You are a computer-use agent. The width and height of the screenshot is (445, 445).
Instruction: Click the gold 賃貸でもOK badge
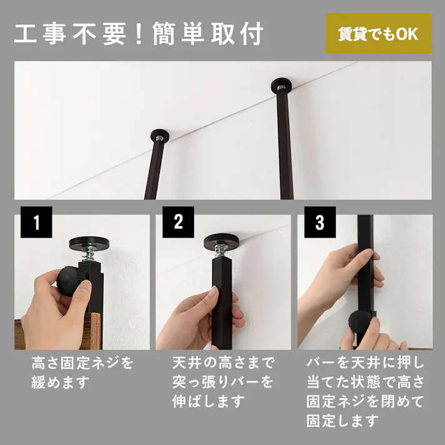tap(379, 34)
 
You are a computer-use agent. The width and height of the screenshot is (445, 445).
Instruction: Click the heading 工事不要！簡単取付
tap(139, 34)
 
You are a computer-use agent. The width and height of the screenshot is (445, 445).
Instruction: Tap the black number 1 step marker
tap(36, 222)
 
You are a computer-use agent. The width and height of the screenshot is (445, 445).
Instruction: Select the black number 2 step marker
tap(178, 222)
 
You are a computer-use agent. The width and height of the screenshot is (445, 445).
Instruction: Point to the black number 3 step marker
tap(320, 222)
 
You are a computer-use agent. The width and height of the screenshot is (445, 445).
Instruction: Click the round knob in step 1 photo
tap(69, 281)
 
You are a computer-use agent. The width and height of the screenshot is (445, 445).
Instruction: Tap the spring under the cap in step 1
tap(89, 254)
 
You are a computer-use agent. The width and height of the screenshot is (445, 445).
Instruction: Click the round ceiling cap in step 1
tap(89, 243)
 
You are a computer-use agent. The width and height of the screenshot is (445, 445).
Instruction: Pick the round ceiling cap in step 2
tap(222, 241)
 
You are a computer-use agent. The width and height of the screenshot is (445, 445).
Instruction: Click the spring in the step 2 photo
tap(221, 252)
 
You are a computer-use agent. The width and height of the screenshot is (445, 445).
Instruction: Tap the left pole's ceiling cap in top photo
tap(160, 135)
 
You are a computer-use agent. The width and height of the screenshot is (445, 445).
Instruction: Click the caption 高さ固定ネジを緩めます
tap(82, 373)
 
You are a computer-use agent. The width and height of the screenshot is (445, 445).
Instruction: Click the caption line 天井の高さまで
tap(223, 363)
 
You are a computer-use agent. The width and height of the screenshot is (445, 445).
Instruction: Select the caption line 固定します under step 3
tap(343, 421)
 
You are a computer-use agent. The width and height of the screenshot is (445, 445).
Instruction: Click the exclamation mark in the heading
tap(139, 34)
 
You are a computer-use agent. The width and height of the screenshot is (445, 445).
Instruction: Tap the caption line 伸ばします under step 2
tap(208, 401)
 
